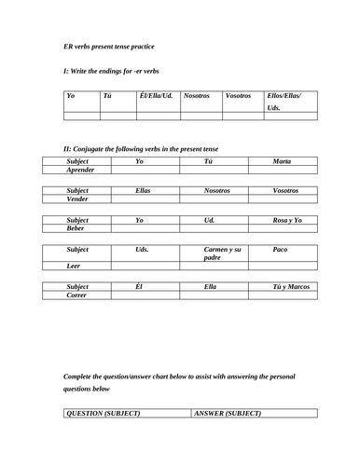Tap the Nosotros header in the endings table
point(197,96)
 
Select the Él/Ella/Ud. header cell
point(155,96)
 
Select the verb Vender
point(76,199)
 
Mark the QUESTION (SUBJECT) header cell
point(102,413)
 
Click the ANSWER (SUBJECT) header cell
point(228,413)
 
